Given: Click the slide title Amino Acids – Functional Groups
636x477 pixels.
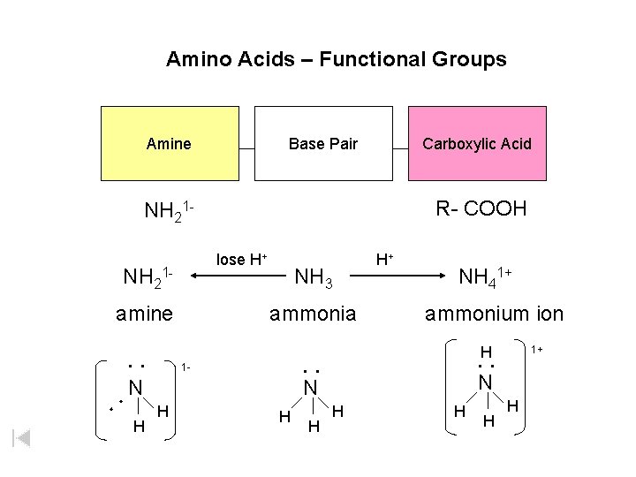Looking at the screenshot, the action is pos(336,59).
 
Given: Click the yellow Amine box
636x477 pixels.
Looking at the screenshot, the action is pos(170,143).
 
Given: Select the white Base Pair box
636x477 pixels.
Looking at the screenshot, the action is pos(323,143).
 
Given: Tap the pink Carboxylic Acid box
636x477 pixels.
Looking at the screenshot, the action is pos(477,143).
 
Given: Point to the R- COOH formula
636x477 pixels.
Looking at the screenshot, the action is pos(481,208).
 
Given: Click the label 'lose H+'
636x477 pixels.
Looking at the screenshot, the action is pos(242,259).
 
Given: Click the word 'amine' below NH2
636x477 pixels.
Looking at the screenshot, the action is pos(145,314).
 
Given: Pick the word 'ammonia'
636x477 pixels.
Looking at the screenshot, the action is pos(313,314).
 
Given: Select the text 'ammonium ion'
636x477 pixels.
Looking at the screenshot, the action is pos(494,314).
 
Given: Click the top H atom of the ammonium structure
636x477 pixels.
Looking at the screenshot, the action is pos(485,352).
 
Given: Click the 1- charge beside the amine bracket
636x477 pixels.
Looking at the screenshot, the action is pos(185,366).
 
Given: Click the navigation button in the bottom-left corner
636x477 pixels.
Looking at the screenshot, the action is pos(22,437).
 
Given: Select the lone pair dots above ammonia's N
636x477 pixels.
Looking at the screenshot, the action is pos(310,370).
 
